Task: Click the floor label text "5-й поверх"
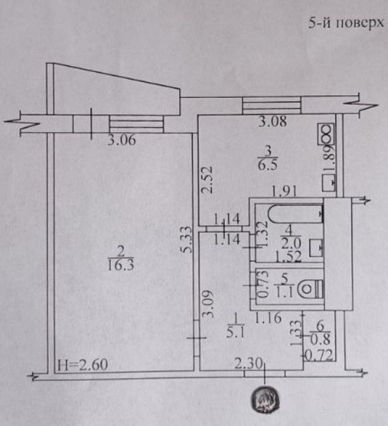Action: point(346,23)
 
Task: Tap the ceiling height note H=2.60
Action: point(83,364)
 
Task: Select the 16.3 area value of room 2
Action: point(121,265)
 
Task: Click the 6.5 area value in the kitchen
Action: point(268,165)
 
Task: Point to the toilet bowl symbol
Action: point(310,289)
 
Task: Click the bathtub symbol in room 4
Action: point(295,214)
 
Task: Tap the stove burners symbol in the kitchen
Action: point(326,134)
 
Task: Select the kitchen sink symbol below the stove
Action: point(329,182)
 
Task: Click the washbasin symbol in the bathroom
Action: point(316,247)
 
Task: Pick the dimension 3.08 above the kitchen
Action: point(272,121)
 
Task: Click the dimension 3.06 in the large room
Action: point(121,140)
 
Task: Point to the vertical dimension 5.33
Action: point(186,240)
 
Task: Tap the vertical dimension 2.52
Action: point(207,179)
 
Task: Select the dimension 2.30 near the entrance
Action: point(248,363)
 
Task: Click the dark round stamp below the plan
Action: point(265,398)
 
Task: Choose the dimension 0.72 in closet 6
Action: point(319,355)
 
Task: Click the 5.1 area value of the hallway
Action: point(235,333)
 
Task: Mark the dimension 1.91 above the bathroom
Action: point(284,191)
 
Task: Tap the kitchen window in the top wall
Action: point(272,106)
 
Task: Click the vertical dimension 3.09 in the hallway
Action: point(209,304)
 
